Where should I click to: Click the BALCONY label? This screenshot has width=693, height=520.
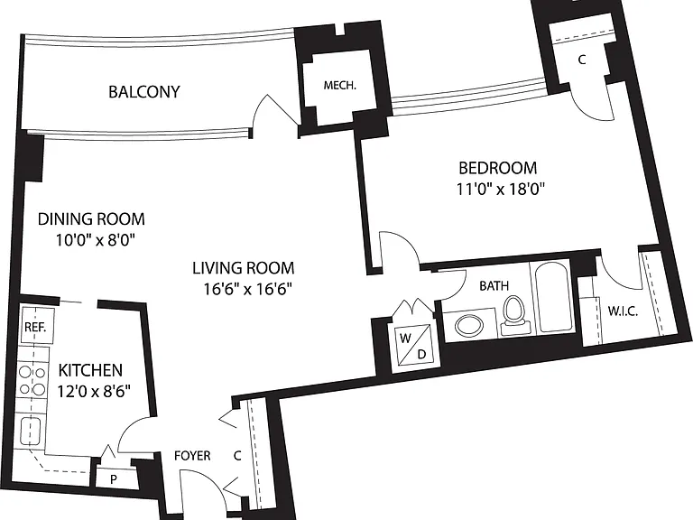(x=144, y=92)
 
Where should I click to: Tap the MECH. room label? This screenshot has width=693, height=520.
(x=340, y=86)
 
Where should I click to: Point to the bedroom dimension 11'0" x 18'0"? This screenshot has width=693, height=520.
(x=500, y=190)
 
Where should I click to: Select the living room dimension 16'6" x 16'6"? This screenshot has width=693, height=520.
(x=247, y=289)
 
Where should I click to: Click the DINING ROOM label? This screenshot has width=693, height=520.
(x=91, y=218)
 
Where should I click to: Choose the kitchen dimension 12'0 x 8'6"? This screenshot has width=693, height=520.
(x=94, y=391)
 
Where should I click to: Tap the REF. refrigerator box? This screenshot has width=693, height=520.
(x=36, y=326)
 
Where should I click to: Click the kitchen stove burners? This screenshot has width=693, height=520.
(x=32, y=381)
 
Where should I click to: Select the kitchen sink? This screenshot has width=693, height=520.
(x=31, y=432)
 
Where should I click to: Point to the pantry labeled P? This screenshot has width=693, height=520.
(x=114, y=479)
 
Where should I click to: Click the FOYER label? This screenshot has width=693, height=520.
(x=192, y=455)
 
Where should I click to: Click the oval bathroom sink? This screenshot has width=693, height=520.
(x=469, y=326)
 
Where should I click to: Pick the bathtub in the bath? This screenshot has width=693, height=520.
(x=553, y=297)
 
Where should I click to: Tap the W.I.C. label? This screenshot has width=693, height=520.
(x=623, y=311)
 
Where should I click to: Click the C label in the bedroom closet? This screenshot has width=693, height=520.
(x=582, y=60)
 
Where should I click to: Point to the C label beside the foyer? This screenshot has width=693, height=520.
(x=237, y=455)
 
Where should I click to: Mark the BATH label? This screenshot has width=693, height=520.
(x=494, y=285)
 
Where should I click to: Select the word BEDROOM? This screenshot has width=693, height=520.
(x=498, y=168)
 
